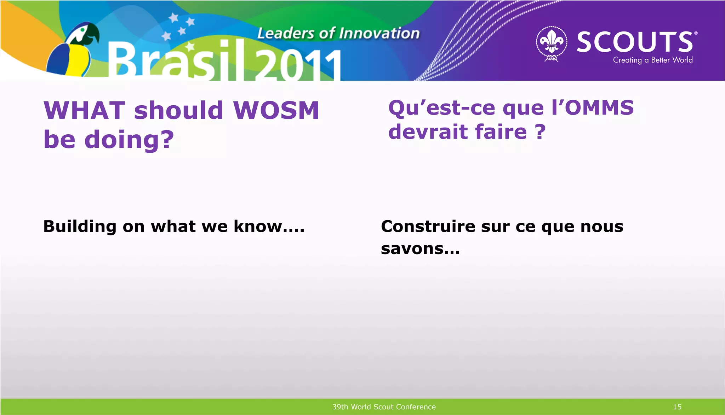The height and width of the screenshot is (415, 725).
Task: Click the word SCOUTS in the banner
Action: tap(635, 42)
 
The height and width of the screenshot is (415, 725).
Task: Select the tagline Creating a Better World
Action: tap(653, 60)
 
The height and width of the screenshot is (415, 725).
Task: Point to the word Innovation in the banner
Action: tap(379, 34)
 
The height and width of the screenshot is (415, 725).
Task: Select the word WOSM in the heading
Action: tap(276, 110)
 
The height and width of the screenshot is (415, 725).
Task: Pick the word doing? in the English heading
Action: tap(129, 139)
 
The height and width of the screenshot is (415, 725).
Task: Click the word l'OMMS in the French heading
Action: tap(593, 107)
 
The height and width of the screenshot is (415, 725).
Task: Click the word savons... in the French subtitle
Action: tap(420, 249)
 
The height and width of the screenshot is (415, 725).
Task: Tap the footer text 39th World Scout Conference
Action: tap(384, 407)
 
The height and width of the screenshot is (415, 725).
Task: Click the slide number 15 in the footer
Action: tap(677, 407)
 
